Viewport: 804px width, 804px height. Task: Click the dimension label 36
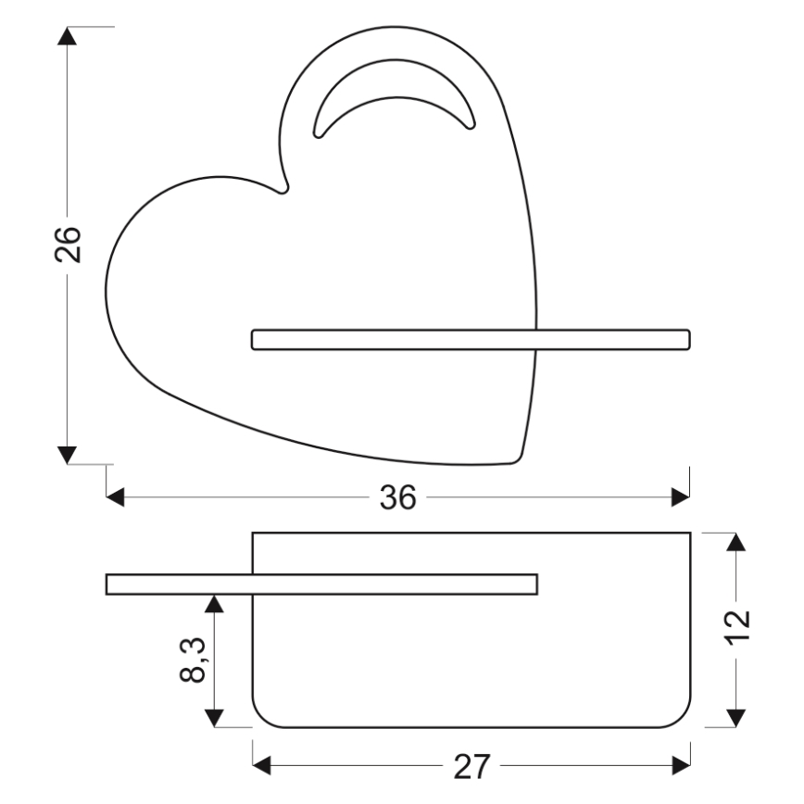pyautogui.click(x=397, y=498)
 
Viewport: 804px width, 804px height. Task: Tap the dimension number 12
pyautogui.click(x=737, y=631)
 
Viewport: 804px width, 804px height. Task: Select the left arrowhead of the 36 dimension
pyautogui.click(x=116, y=498)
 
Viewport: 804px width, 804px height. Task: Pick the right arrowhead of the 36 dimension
pyautogui.click(x=681, y=498)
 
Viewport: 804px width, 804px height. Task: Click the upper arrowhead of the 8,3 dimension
pyautogui.click(x=214, y=604)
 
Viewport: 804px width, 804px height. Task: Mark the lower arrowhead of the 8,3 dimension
pyautogui.click(x=214, y=718)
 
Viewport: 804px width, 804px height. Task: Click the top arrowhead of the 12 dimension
pyautogui.click(x=736, y=542)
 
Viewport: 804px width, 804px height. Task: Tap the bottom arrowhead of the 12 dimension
pyautogui.click(x=736, y=718)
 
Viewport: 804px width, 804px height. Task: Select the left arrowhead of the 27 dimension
pyautogui.click(x=262, y=766)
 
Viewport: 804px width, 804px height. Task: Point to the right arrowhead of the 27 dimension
pyautogui.click(x=682, y=766)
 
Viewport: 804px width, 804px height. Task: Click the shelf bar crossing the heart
pyautogui.click(x=471, y=339)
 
